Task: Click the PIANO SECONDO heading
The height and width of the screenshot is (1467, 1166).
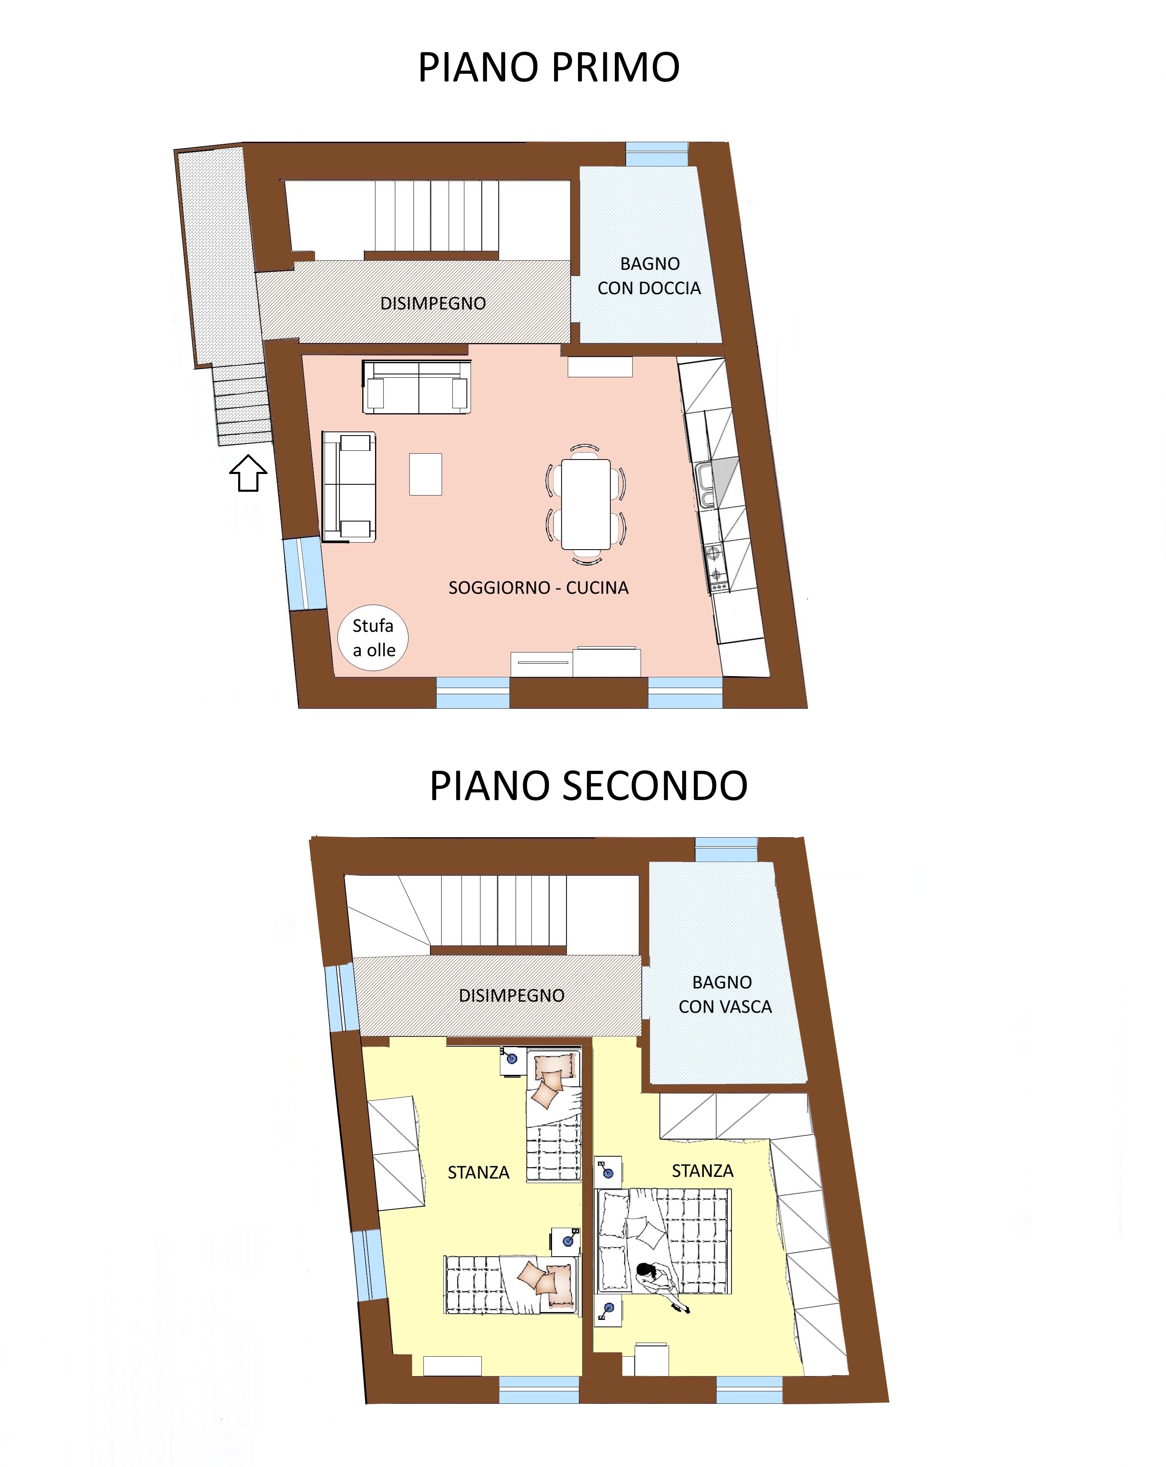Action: point(589,786)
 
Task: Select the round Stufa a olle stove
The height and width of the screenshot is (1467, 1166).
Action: point(373,638)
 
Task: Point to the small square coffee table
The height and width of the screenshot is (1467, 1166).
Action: point(425,474)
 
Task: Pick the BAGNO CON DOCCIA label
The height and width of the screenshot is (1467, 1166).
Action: point(650,276)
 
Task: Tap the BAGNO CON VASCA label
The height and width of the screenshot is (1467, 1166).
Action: point(725,994)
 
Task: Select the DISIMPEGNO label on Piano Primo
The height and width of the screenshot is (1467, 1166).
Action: point(433,303)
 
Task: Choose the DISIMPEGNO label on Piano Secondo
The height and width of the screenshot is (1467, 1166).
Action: point(511,995)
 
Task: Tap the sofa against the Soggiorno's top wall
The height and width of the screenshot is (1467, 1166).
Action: point(416,387)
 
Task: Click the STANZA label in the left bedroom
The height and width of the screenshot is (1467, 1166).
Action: point(478,1172)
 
